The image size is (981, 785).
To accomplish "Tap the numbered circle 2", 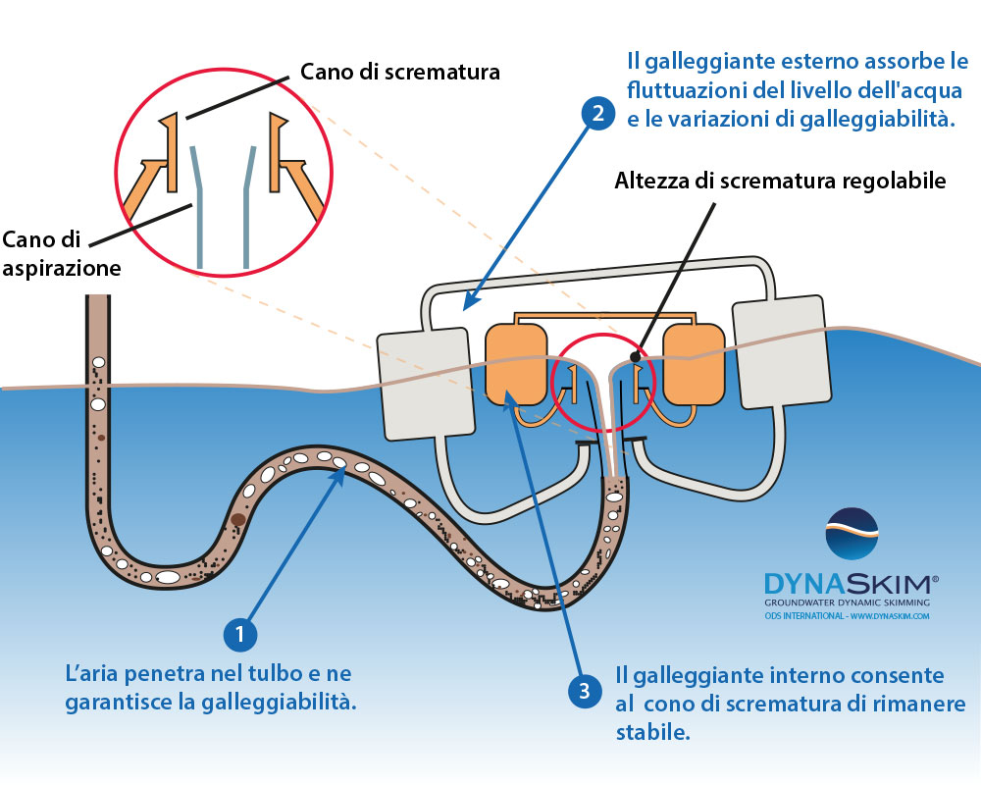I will pos(595,113).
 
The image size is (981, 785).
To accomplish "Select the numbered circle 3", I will pos(586,691).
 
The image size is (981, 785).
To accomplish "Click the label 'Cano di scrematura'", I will pos(399,72).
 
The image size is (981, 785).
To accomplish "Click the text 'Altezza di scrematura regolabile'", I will pos(780,181).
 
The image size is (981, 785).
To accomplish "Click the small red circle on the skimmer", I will pos(594,384).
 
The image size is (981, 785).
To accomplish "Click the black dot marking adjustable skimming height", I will pos(636,354).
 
